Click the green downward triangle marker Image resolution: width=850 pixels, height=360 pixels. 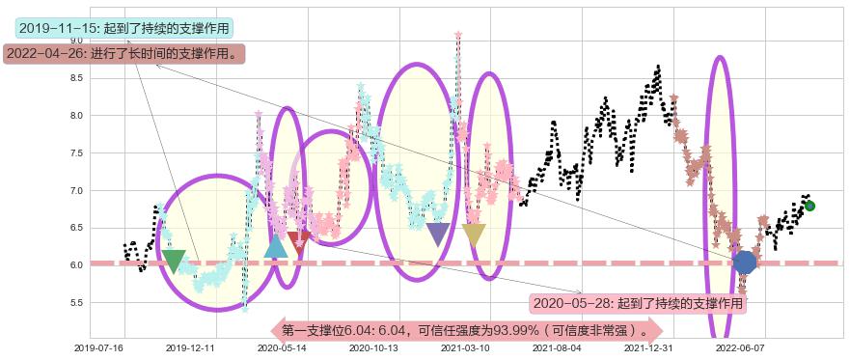174,261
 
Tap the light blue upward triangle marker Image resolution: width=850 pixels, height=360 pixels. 276,247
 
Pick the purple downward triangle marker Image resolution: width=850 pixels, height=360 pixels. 438,234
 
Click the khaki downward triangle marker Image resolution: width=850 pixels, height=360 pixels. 474,234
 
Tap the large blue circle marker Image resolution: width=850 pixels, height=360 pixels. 744,263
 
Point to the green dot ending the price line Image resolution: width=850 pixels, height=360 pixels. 809,206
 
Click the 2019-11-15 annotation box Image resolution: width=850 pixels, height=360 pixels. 124,28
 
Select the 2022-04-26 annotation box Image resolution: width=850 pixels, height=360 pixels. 123,54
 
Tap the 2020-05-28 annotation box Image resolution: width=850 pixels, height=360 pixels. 639,303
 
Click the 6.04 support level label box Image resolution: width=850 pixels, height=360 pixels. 467,331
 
